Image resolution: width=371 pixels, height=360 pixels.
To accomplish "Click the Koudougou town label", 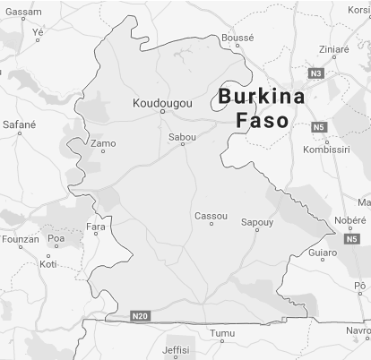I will pos(162,104).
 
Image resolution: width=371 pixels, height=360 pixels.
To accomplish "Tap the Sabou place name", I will pos(182,137).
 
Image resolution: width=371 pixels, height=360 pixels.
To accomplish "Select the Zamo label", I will pos(103,143).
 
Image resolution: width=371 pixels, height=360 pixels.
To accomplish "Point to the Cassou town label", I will pos(211,216).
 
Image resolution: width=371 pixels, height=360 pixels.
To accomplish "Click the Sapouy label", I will pos(257,221).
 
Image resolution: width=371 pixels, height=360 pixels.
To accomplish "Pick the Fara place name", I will pos(95,227).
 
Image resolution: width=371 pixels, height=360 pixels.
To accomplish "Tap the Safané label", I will pos(20,124).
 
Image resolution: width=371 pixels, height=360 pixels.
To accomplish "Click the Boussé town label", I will pos(237,39).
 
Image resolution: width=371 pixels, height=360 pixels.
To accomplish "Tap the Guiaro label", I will pos(323,253).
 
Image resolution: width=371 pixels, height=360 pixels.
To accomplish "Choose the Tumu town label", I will pos(221,333).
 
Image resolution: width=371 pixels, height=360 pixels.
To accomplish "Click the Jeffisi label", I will pos(177,349).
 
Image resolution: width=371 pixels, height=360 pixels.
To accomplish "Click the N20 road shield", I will pos(139,316).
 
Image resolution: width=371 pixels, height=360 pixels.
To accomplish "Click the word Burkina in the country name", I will pos(262,97).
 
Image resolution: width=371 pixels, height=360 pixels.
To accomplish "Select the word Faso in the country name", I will pos(262,120).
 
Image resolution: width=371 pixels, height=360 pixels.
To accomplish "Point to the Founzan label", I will pos(21,240).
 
